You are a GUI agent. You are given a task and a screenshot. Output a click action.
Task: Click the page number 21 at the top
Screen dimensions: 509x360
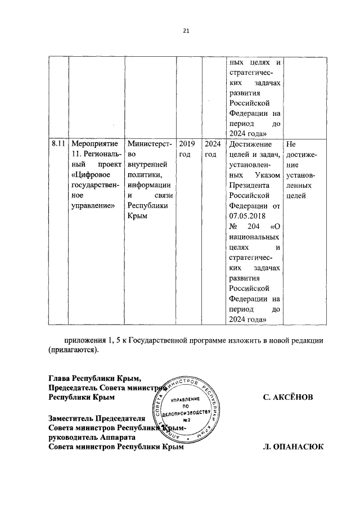(185, 31)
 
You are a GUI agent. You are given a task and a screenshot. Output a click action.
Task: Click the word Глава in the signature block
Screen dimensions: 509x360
(61, 377)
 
